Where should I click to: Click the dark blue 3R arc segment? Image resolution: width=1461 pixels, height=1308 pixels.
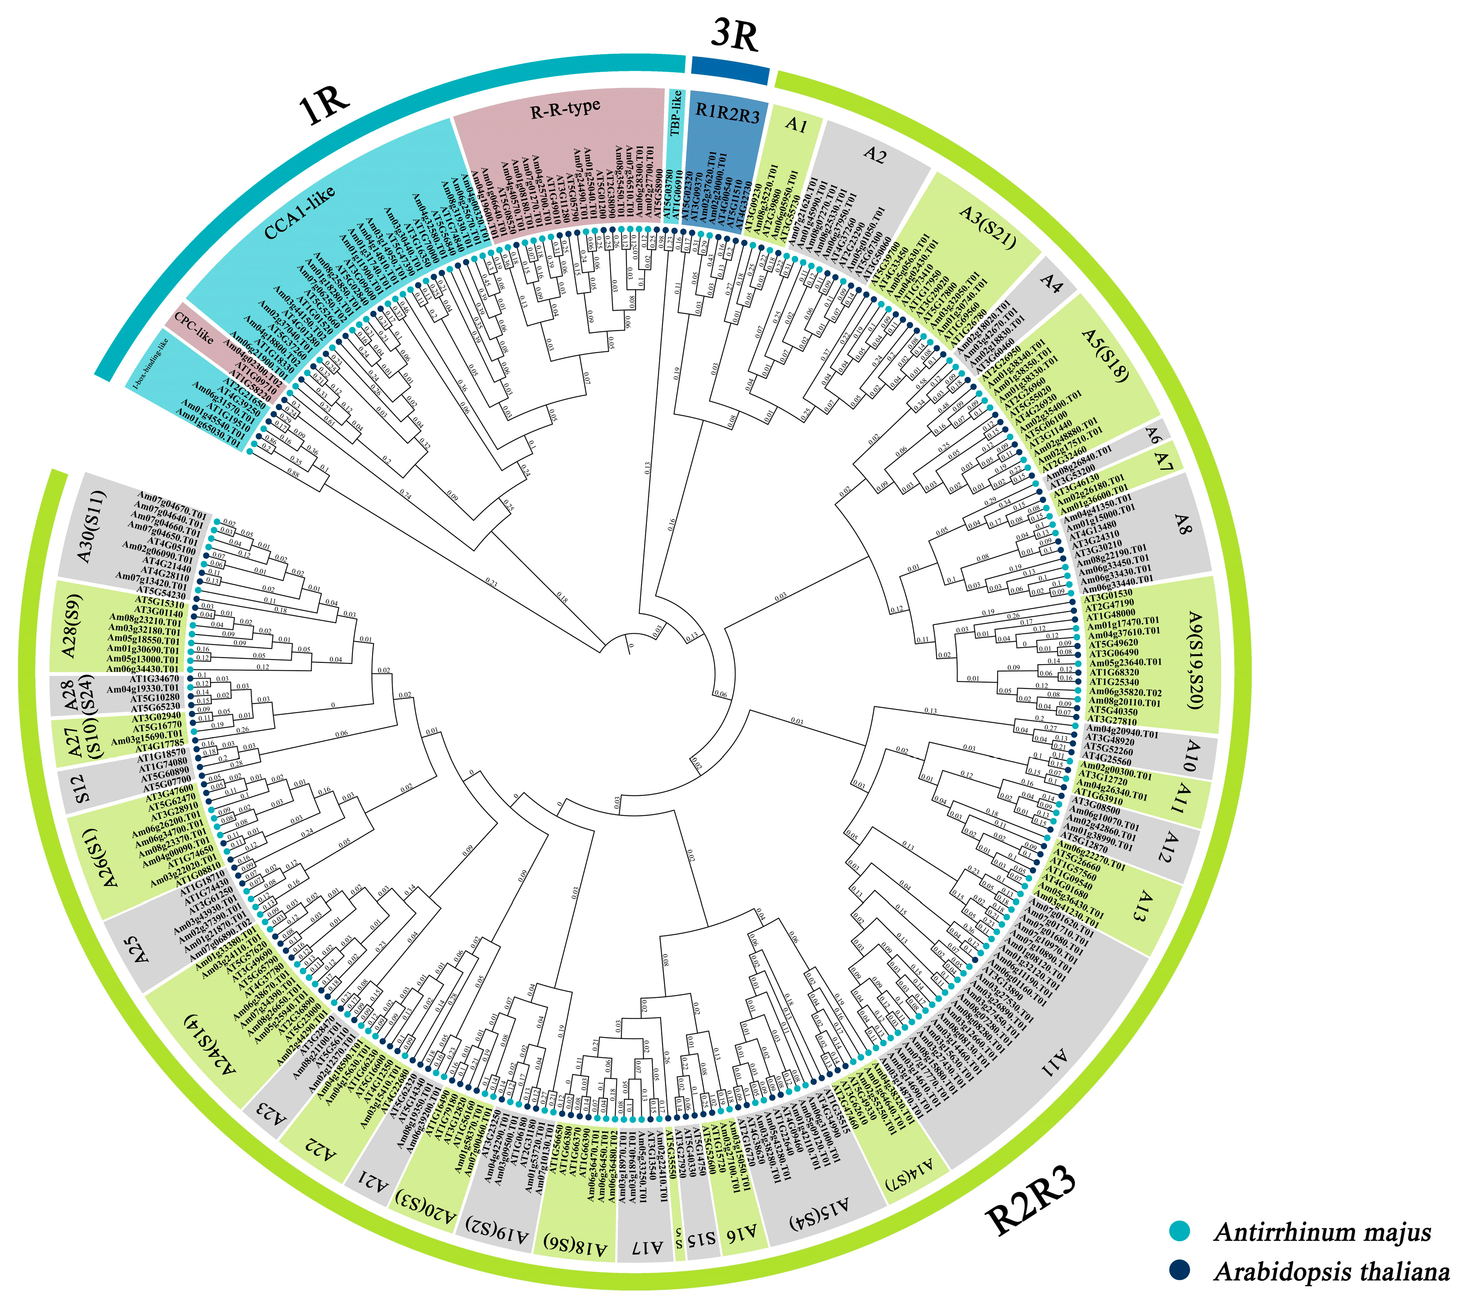click(x=730, y=71)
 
